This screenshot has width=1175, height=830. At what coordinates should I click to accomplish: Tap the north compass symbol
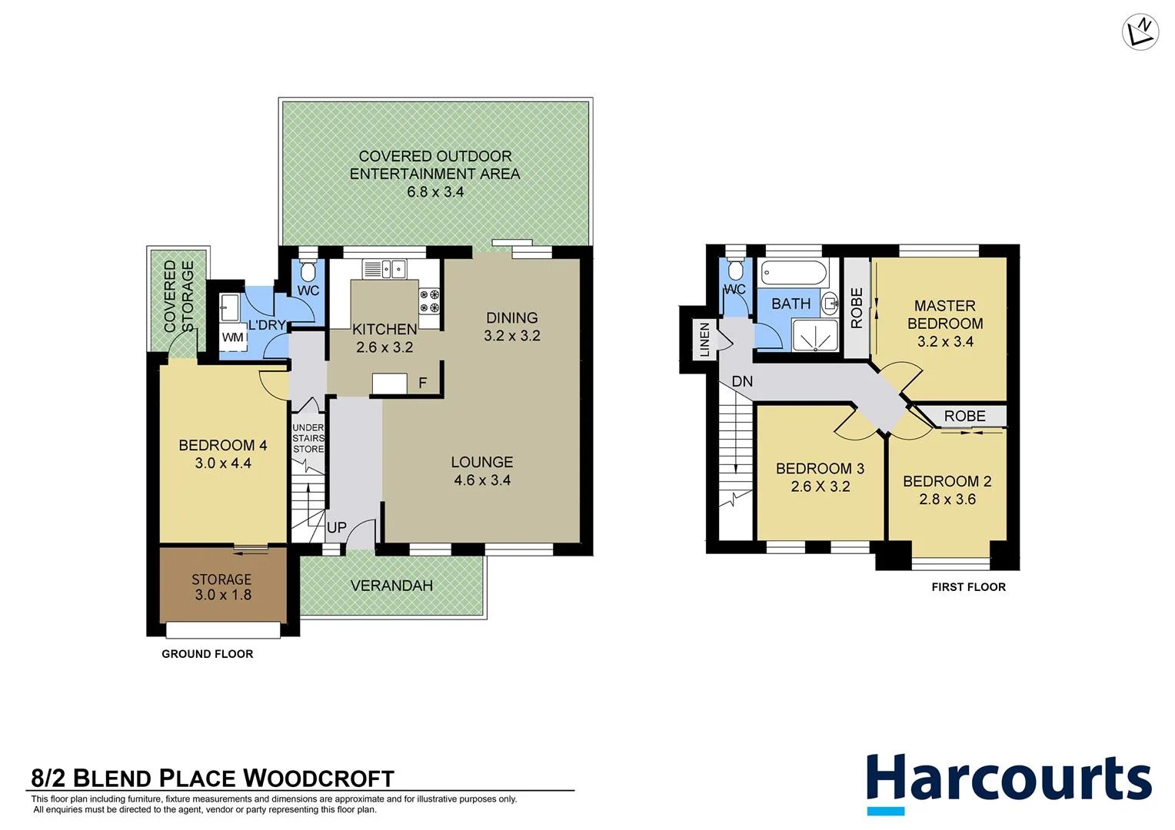1140,33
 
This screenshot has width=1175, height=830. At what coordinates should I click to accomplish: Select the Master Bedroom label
945,315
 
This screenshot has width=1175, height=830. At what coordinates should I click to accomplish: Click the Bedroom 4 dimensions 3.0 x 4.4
223,463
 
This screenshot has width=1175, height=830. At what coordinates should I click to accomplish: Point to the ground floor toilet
308,271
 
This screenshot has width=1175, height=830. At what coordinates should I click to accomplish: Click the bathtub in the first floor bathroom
793,274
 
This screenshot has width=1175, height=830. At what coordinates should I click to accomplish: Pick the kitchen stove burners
429,300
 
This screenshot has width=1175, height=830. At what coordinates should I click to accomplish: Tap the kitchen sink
384,269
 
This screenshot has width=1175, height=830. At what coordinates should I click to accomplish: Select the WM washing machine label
232,337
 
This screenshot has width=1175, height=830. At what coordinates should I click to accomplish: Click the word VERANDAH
391,586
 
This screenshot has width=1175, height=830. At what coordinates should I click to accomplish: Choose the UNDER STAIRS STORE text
308,438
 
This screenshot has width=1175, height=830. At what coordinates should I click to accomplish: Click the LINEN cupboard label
704,340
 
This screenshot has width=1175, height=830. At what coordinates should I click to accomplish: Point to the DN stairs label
742,381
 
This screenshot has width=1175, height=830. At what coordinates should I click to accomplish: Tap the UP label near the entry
337,528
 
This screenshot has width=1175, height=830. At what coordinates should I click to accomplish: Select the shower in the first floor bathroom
816,336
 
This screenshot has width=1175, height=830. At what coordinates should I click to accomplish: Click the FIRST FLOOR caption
968,587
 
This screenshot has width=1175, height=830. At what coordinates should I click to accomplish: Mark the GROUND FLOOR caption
207,654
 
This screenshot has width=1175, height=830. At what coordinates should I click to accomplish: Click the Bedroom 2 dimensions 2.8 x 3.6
947,500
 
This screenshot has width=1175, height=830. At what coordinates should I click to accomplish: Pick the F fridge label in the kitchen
422,383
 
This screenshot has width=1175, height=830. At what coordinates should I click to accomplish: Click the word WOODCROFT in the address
319,779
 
